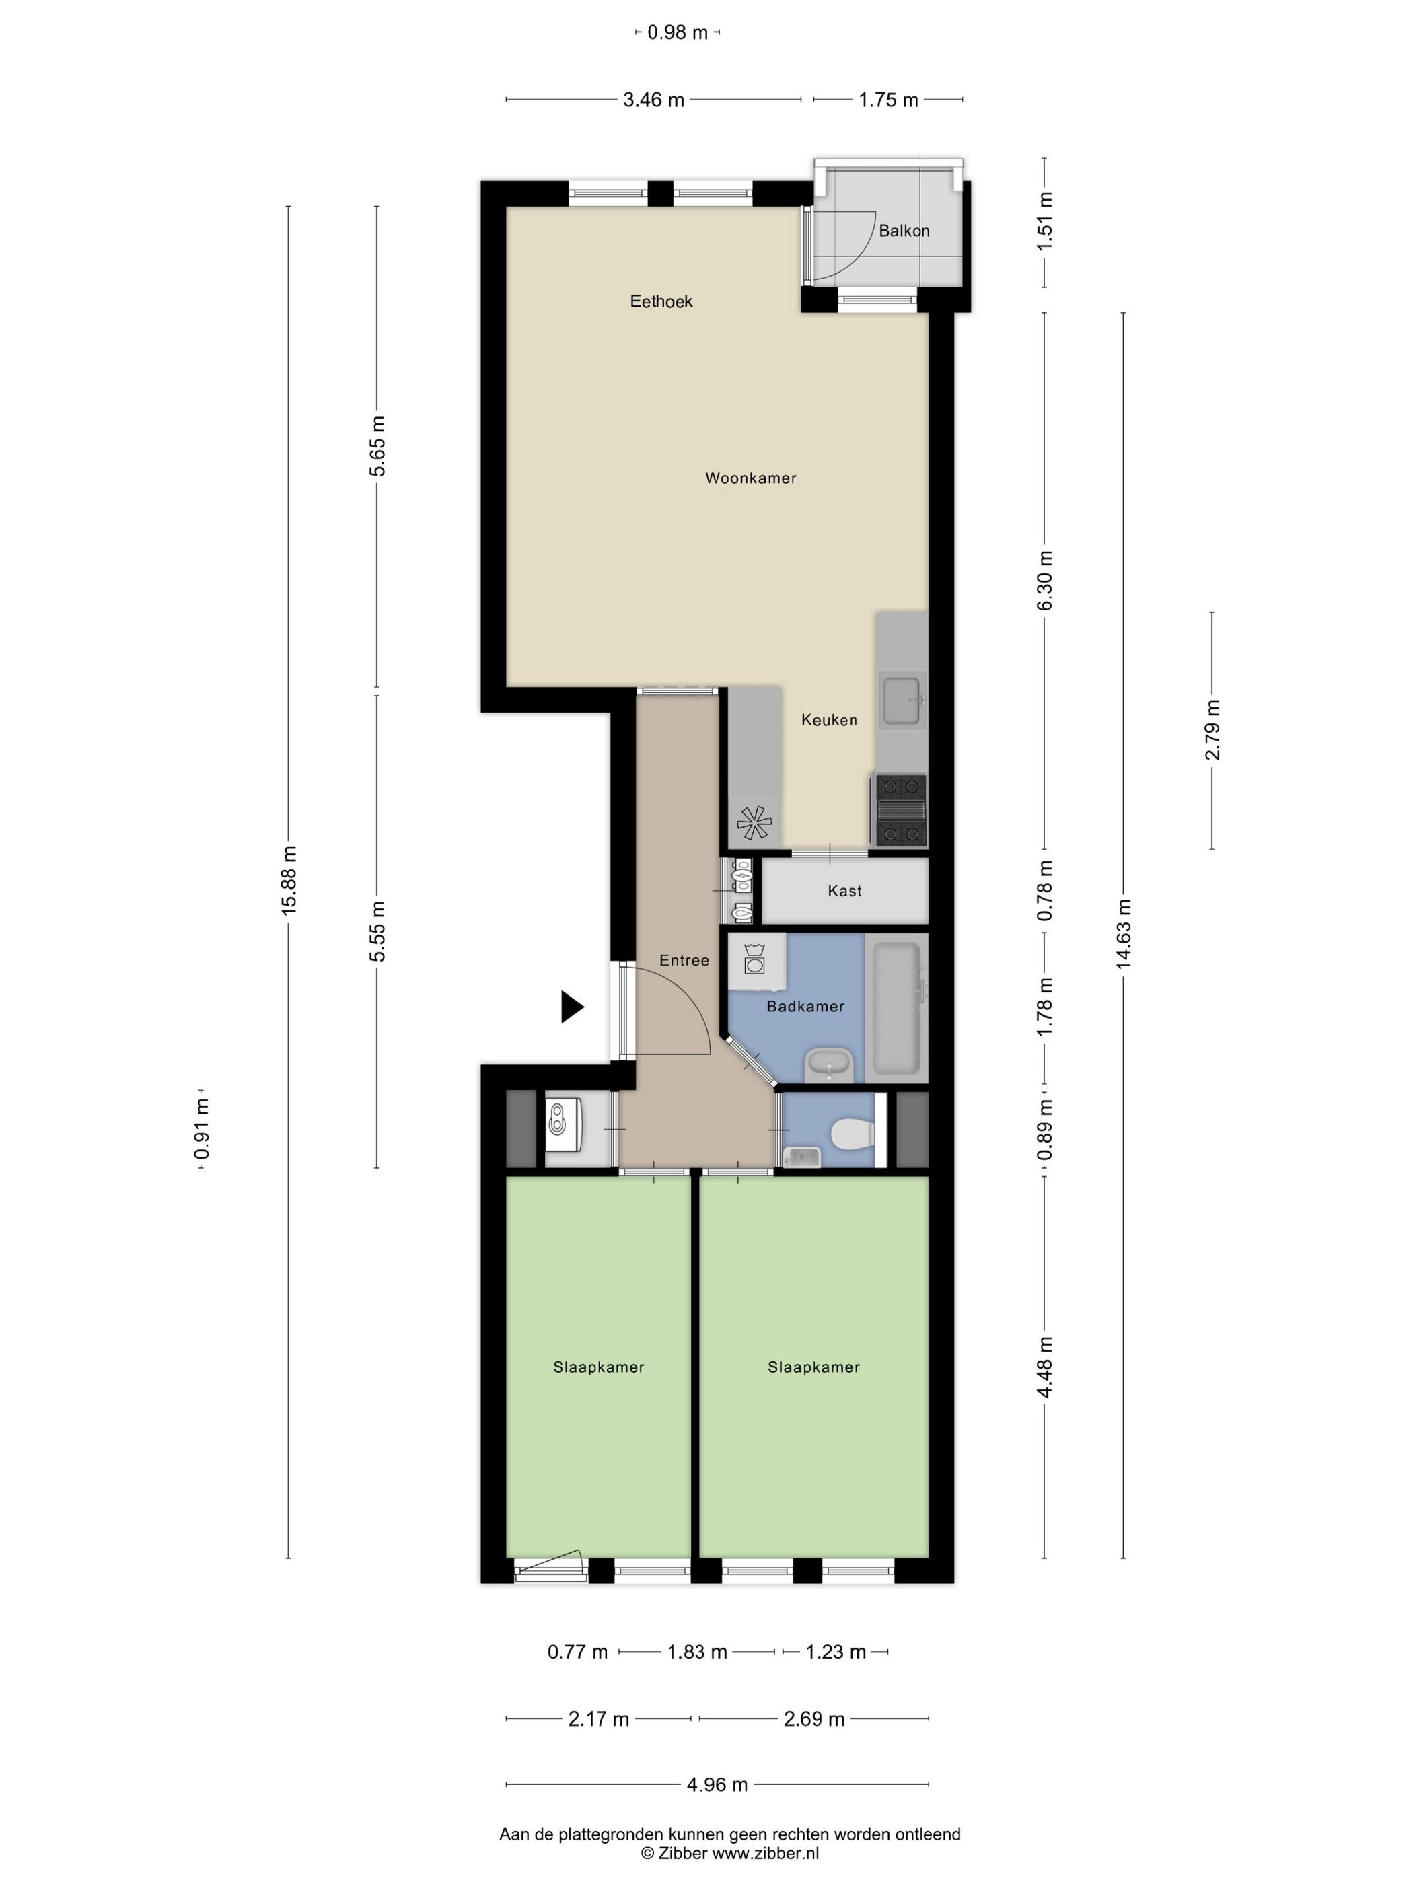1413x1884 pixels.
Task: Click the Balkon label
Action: (904, 231)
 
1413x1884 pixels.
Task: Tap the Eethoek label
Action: (661, 301)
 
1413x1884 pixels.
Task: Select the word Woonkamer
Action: (750, 478)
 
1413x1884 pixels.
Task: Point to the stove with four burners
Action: (900, 810)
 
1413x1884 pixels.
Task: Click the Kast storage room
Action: (844, 891)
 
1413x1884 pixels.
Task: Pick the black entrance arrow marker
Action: (571, 1007)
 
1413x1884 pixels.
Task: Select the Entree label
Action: (684, 961)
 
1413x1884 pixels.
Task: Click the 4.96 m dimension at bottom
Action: (717, 1784)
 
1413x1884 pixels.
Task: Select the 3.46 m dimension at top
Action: (653, 100)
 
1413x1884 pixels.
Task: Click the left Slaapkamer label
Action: (598, 1367)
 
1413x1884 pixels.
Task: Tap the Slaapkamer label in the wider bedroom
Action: (813, 1367)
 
